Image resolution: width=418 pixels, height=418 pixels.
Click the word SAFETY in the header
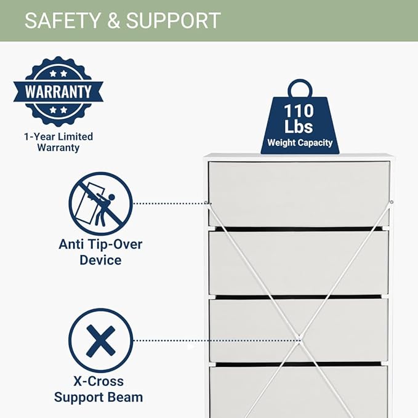[62, 20]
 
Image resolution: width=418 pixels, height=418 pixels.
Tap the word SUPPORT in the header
[173, 20]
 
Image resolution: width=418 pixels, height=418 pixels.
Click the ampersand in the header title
[113, 20]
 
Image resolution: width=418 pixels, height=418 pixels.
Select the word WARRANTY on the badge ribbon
[58, 92]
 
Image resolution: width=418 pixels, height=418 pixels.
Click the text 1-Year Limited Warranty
[58, 142]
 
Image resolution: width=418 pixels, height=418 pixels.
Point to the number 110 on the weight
[299, 111]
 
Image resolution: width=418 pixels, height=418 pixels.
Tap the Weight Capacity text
[300, 143]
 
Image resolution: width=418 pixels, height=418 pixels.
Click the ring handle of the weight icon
[300, 81]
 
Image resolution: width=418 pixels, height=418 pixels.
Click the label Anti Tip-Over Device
[100, 252]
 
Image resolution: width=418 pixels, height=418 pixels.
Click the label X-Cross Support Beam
[98, 389]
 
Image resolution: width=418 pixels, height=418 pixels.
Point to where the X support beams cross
[299, 339]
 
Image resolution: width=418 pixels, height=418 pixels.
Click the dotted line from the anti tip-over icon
[172, 203]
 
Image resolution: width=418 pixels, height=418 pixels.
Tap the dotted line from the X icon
[216, 340]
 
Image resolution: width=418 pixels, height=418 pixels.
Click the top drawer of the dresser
[299, 194]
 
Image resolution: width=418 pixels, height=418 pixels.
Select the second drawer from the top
[299, 263]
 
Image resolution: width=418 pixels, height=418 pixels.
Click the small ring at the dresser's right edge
[392, 202]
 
